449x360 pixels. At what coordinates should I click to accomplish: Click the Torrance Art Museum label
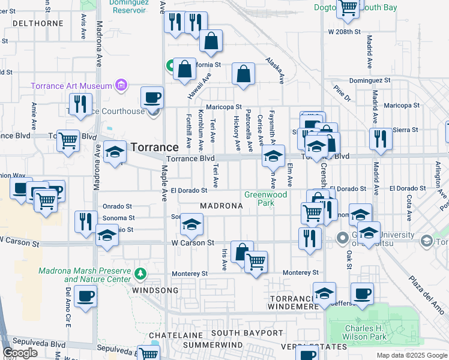pyautogui.click(x=72, y=86)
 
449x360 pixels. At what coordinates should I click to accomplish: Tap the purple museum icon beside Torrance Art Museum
pyautogui.click(x=122, y=86)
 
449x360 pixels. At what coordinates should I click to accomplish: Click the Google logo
pyautogui.click(x=22, y=353)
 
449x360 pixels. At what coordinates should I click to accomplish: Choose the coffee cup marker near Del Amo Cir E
pyautogui.click(x=86, y=296)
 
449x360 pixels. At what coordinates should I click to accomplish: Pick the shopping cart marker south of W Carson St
pyautogui.click(x=256, y=261)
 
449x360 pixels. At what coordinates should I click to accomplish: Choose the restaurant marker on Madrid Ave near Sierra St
pyautogui.click(x=381, y=139)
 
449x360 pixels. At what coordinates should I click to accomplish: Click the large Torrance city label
pyautogui.click(x=154, y=147)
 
